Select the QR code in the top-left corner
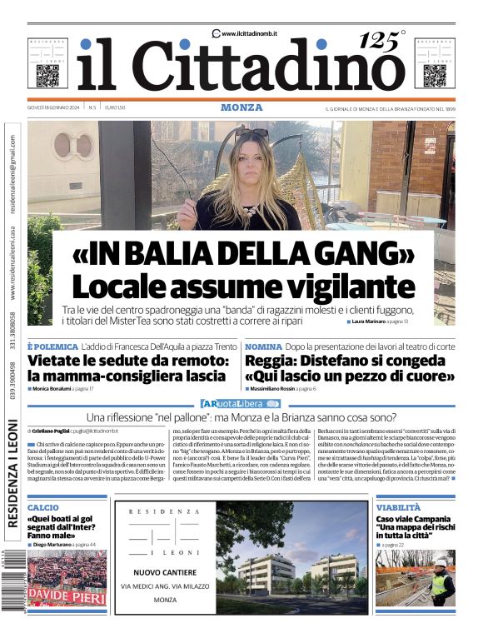pyautogui.click(x=47, y=76)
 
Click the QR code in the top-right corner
pyautogui.click(x=434, y=76)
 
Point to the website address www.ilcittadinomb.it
pyautogui.click(x=249, y=33)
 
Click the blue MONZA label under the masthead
pyautogui.click(x=242, y=107)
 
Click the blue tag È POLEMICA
pyautogui.click(x=52, y=346)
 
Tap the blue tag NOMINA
pyautogui.click(x=263, y=346)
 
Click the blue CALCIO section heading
pyautogui.click(x=43, y=507)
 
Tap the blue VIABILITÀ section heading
pyautogui.click(x=398, y=507)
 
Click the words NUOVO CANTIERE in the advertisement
pyautogui.click(x=165, y=572)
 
